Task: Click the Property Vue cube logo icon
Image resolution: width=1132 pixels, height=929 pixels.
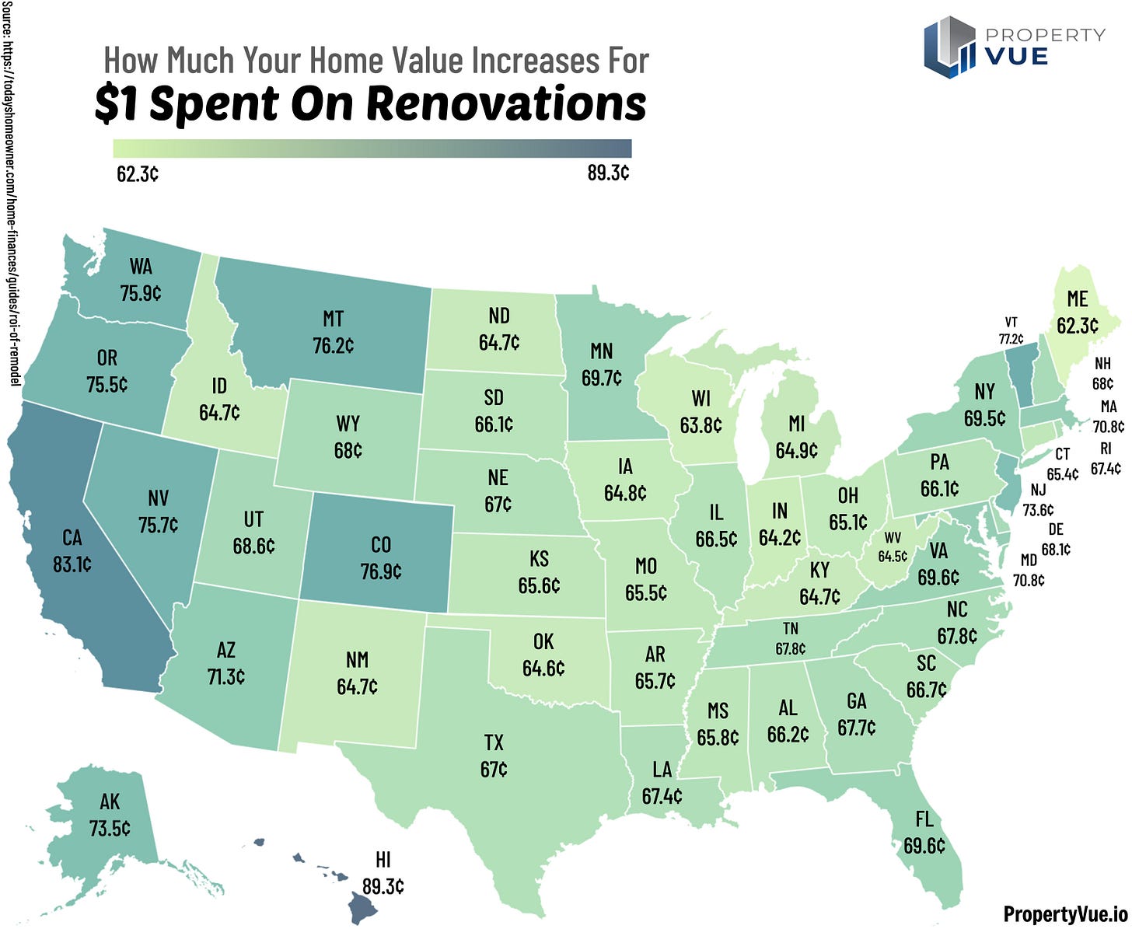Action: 949,47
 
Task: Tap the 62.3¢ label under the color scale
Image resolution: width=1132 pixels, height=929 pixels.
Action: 138,173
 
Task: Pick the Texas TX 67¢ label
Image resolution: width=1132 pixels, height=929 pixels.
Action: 494,756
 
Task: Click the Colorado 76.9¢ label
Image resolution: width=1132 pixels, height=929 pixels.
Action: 381,558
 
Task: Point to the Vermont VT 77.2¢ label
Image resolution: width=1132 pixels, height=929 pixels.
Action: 1011,330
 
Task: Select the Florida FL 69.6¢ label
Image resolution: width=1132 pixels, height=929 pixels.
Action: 924,832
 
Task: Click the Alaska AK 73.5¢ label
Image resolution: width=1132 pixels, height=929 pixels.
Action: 110,815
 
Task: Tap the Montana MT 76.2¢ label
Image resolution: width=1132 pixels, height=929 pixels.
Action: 333,332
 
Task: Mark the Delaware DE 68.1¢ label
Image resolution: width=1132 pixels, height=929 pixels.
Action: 1055,540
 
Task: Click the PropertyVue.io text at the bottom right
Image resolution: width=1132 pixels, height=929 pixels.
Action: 1064,913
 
